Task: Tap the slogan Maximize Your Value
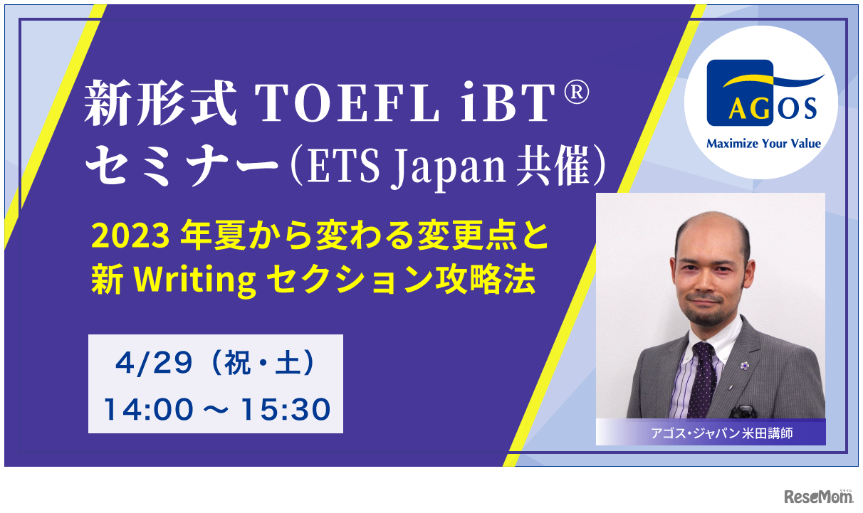tap(763, 144)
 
